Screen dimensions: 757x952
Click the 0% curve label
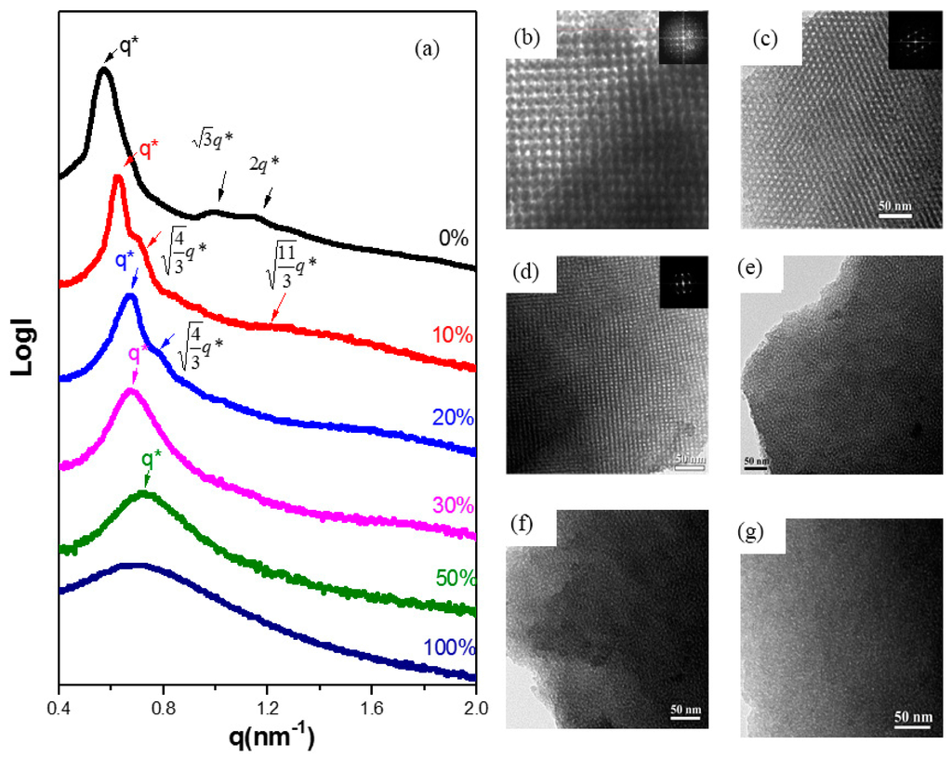[x=455, y=237]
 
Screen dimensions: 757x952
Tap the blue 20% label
[x=453, y=419]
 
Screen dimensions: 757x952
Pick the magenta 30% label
[x=453, y=506]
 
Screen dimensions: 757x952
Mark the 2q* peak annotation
[x=263, y=163]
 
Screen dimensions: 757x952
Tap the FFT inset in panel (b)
[x=682, y=40]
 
